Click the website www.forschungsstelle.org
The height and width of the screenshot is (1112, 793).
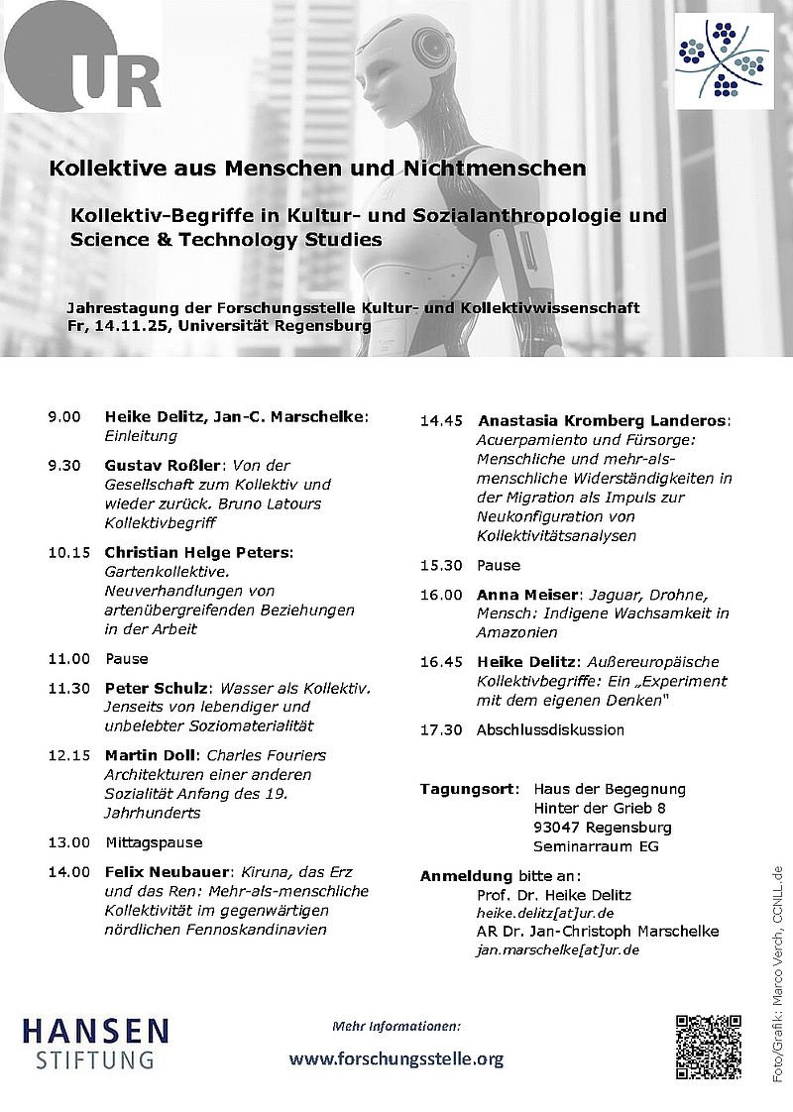[396, 1058]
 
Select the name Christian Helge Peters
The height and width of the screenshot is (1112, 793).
[198, 551]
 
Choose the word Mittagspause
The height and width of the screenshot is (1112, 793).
[154, 842]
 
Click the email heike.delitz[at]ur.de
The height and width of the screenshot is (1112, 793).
[544, 913]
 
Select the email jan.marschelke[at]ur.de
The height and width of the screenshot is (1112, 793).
[557, 949]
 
